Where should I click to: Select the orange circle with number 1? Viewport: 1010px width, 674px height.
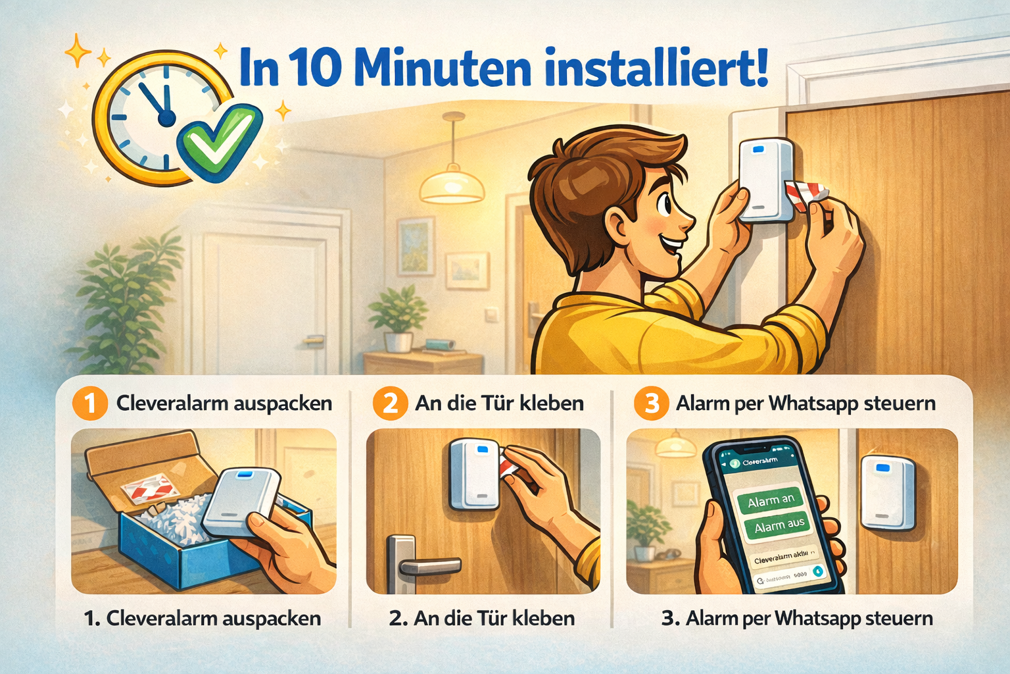[x=90, y=403]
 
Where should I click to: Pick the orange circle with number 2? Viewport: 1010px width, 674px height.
[x=390, y=403]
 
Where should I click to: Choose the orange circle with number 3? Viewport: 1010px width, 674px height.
[x=651, y=403]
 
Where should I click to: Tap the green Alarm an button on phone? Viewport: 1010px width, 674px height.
[x=771, y=501]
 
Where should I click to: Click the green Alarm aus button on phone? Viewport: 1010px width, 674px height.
[x=779, y=526]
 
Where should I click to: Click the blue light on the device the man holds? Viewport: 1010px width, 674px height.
[x=757, y=149]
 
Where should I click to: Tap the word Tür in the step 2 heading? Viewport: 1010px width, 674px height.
[x=502, y=403]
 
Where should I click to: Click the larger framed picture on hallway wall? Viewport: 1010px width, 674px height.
[x=416, y=246]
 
